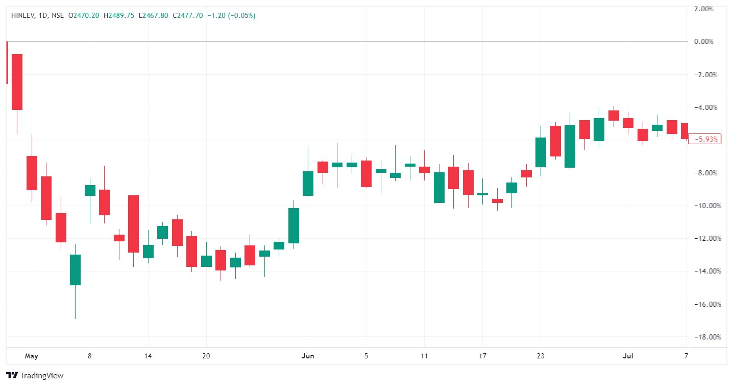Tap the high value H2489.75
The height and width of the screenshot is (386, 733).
119,16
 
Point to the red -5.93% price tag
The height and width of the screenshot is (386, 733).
704,139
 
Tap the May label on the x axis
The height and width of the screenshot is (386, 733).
32,356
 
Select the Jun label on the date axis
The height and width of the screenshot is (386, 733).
308,356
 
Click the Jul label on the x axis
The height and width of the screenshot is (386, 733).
628,356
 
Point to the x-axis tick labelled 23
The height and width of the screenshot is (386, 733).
541,356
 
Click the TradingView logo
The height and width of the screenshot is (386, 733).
35,376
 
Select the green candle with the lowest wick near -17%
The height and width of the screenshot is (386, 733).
75,269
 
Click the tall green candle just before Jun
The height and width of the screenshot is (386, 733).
294,225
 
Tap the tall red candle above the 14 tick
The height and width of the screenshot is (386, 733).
133,223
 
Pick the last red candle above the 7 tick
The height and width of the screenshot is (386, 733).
685,131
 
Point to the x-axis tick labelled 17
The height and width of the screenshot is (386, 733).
483,356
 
